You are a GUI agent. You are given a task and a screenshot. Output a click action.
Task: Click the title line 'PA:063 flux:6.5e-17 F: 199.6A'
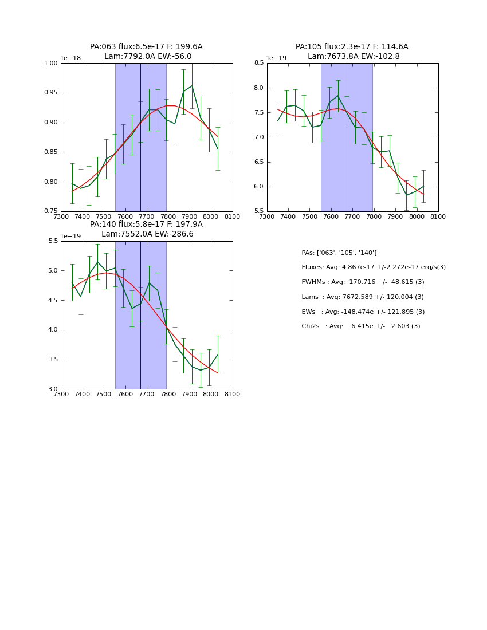click(x=146, y=47)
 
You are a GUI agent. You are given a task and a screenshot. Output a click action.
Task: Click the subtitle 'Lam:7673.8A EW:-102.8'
click(x=354, y=57)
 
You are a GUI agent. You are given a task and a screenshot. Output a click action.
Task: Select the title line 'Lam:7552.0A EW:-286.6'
click(x=147, y=234)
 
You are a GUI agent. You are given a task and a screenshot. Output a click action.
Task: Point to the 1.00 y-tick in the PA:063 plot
click(x=51, y=64)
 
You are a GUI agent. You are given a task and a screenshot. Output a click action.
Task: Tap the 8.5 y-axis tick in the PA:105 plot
click(x=258, y=64)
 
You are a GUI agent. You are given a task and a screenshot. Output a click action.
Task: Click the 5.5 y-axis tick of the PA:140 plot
click(x=52, y=241)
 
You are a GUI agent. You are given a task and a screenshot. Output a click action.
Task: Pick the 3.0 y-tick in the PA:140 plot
click(x=52, y=389)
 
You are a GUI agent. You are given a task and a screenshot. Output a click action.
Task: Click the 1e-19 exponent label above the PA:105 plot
click(x=276, y=58)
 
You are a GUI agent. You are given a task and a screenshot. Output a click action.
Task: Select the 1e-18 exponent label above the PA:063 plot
click(x=70, y=58)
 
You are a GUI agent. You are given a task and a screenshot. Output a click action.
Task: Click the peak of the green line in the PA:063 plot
click(x=192, y=86)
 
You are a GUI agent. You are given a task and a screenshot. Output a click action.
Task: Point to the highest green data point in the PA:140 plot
click(x=97, y=262)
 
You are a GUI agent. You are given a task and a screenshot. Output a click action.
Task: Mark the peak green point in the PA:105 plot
click(x=338, y=96)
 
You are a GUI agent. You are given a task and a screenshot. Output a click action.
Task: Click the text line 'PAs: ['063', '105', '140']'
click(x=339, y=253)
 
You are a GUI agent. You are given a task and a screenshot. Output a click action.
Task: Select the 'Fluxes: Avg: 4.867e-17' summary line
click(x=374, y=267)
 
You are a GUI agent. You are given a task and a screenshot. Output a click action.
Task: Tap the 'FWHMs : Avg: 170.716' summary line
click(x=363, y=282)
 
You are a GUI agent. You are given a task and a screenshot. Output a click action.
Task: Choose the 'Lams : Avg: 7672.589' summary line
click(x=363, y=297)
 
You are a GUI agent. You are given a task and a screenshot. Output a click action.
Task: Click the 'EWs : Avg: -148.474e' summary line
click(x=363, y=312)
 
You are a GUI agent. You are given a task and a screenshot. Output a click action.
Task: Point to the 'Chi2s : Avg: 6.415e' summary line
click(x=361, y=326)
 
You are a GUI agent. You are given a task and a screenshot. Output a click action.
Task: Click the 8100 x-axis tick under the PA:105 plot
click(x=438, y=216)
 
